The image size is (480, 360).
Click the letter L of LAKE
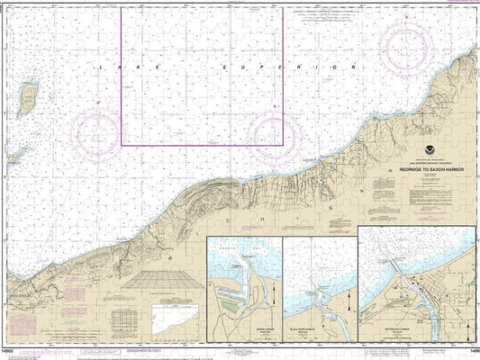tap(102, 70)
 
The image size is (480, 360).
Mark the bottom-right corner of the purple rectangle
tap(283, 145)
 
